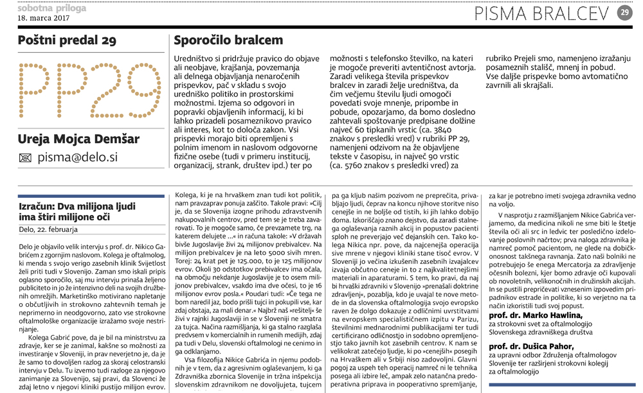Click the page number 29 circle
tap(625, 12)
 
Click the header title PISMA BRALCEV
tap(544, 12)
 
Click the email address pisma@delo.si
tap(77, 157)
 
